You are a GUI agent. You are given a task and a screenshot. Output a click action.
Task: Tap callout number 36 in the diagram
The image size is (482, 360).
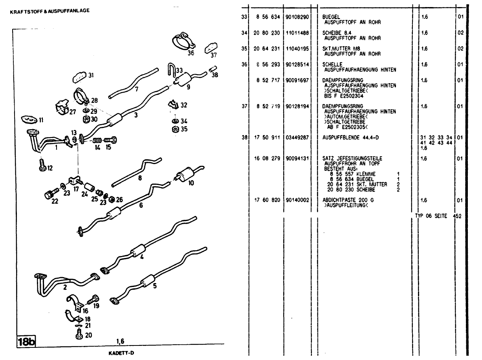(191, 52)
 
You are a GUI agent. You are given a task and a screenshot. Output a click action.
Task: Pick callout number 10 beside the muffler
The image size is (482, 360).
(191, 183)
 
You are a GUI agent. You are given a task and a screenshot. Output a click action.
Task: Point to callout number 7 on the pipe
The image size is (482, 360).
(137, 89)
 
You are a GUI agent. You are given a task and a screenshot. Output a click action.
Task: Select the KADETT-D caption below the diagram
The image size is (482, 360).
(121, 352)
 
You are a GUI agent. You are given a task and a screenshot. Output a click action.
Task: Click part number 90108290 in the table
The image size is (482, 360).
(297, 17)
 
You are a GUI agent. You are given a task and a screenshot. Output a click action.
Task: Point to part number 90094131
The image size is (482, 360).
(297, 158)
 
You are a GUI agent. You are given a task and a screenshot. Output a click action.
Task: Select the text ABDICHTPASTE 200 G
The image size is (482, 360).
(348, 200)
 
